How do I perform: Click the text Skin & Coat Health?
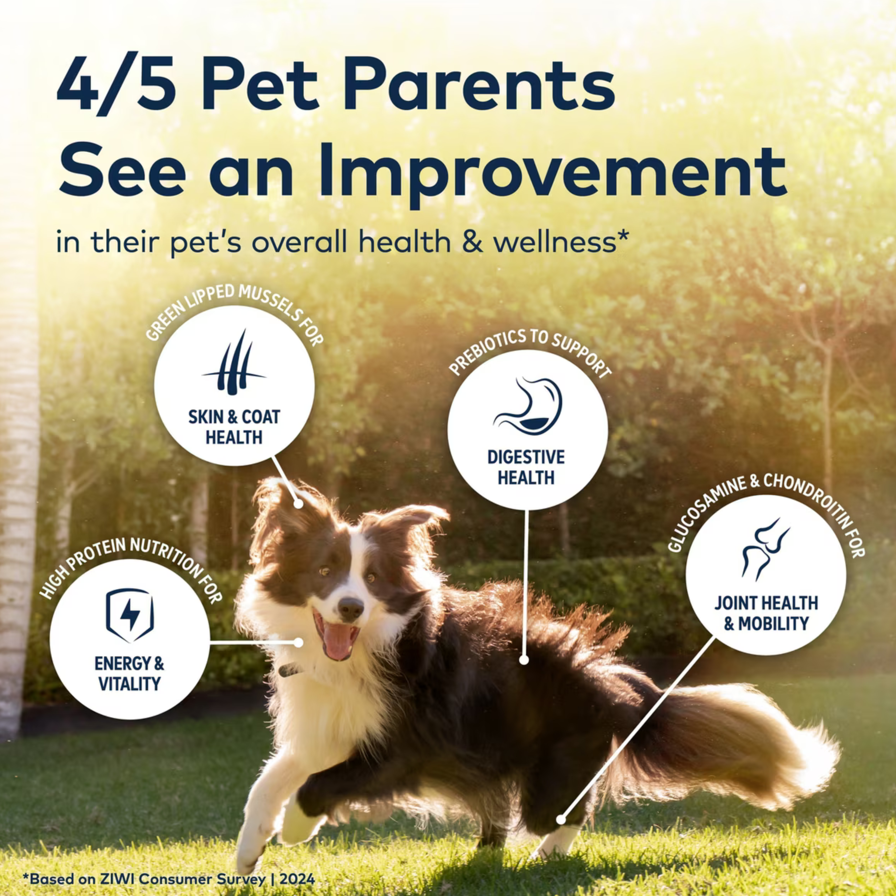click(x=234, y=427)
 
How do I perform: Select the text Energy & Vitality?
click(x=129, y=673)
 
